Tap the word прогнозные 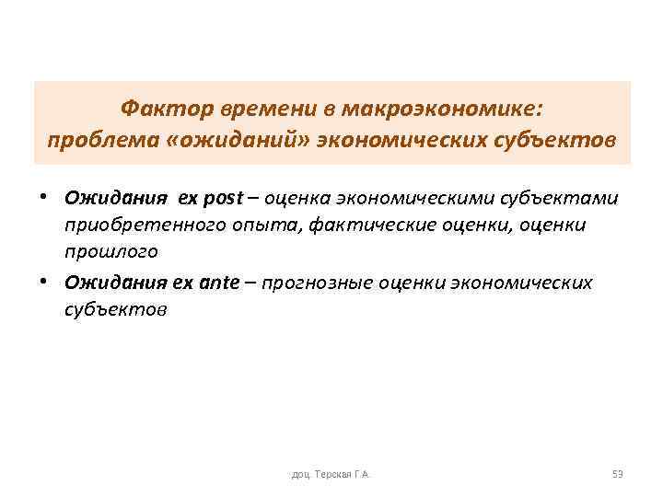click(311, 283)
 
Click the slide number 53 click(617, 474)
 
